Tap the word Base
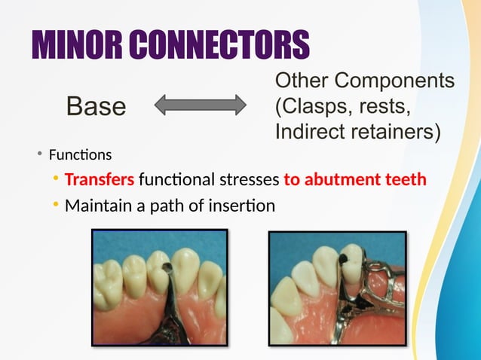pyautogui.click(x=96, y=106)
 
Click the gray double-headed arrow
pyautogui.click(x=201, y=105)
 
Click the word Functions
pyautogui.click(x=80, y=155)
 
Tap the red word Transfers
pyautogui.click(x=100, y=180)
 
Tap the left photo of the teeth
pyautogui.click(x=159, y=287)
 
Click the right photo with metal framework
pyautogui.click(x=338, y=287)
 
